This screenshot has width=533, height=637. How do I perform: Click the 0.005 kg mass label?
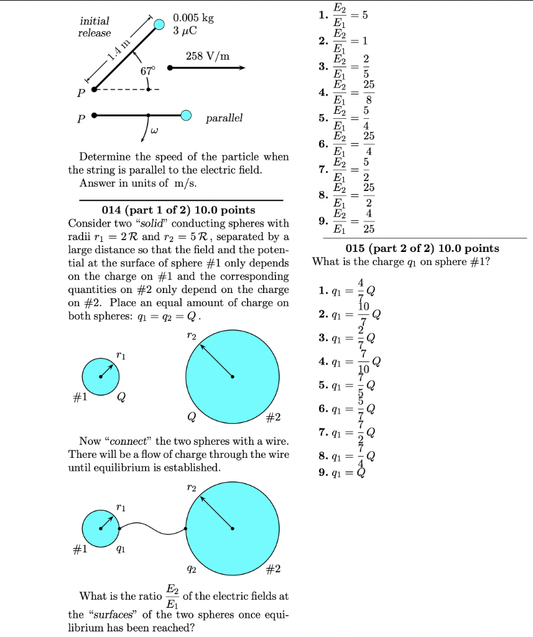[x=193, y=19]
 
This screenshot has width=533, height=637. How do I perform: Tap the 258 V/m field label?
[x=208, y=56]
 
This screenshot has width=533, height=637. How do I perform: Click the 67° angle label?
[x=147, y=71]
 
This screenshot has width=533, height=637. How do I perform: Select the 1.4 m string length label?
[x=119, y=53]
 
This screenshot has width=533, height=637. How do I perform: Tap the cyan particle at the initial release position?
[x=159, y=24]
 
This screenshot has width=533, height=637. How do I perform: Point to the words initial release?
[x=95, y=27]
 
